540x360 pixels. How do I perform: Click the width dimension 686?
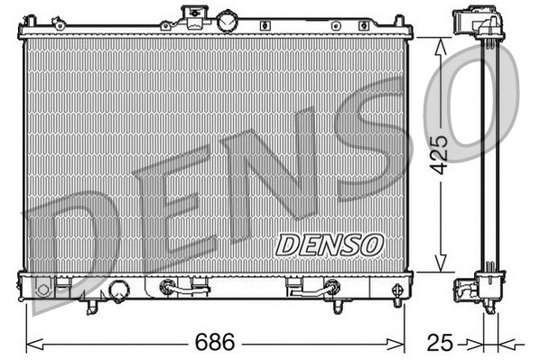pos(214,343)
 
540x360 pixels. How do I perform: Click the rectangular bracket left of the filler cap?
pos(193,14)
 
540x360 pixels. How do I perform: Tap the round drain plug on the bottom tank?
pos(119,291)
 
